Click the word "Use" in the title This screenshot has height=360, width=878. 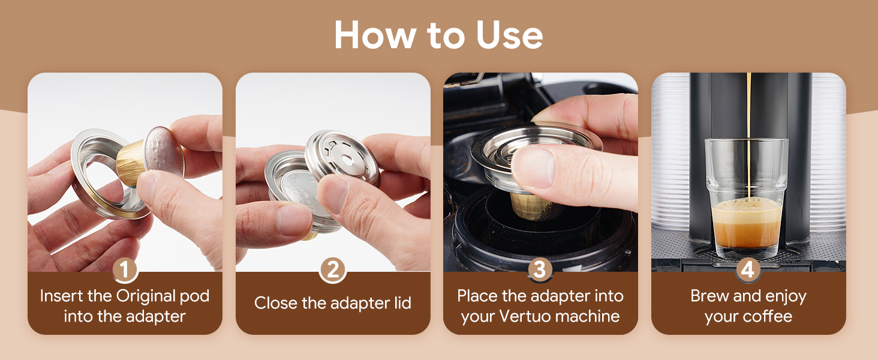pos(510,35)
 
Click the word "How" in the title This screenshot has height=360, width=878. pos(375,35)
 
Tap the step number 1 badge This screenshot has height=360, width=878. pos(125,270)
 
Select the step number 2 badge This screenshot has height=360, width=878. pos(332,270)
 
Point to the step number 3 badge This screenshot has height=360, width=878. pos(540,270)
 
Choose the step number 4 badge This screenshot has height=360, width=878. pos(748,270)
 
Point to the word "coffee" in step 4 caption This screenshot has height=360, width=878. pos(768,316)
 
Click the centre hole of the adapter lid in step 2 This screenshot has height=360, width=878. pos(347,159)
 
